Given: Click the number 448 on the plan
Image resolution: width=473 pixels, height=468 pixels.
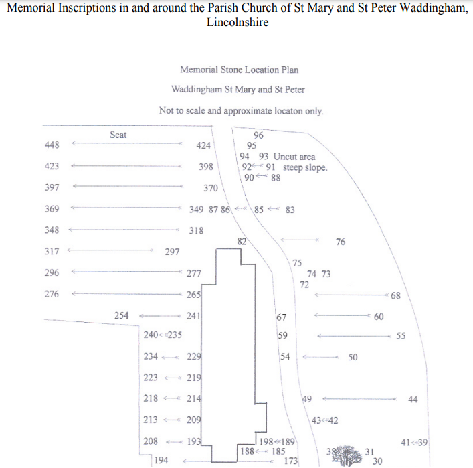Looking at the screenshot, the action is coord(52,145).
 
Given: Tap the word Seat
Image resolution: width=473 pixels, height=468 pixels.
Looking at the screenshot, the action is coord(118,135).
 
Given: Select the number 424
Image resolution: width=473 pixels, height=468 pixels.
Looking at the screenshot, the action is coord(203,145).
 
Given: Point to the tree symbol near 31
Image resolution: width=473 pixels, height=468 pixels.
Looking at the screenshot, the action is coord(345,455).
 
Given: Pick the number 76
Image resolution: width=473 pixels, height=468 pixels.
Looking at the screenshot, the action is coord(341,242).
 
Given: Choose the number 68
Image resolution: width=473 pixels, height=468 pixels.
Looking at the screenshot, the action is coord(395,296).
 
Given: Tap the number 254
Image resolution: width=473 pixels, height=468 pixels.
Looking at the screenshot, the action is coord(121,315).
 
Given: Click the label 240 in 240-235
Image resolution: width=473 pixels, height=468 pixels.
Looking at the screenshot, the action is coord(151,335).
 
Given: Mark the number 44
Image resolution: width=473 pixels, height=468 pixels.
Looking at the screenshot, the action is coord(412,400).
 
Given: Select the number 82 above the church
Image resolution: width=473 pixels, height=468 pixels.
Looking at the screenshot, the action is coord(242,241).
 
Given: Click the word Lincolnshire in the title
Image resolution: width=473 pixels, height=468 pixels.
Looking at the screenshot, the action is coord(238,23).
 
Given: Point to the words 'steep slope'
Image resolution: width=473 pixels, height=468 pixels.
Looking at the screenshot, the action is coord(306,167).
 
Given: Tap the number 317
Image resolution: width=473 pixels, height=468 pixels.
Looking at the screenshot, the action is coord(52,252).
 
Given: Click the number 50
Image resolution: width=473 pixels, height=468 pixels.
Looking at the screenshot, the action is coord(353,358).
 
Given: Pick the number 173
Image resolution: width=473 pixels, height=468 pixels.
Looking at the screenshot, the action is coord(290,461).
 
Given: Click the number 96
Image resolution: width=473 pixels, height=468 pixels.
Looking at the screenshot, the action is coord(258,135).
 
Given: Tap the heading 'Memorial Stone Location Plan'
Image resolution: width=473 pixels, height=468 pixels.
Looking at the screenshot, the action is coord(239,69).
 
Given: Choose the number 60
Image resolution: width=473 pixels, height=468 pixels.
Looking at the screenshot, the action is coord(379,316).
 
